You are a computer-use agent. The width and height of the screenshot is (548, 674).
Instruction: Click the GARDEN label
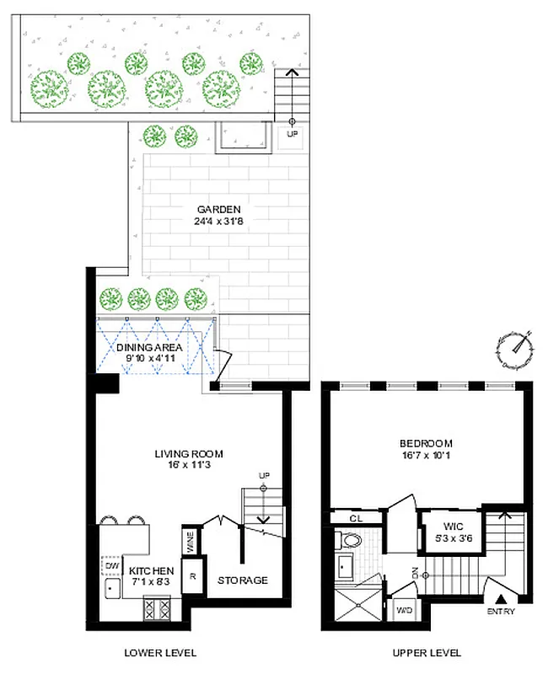point(219,209)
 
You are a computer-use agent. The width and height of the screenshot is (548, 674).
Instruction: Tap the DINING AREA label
point(150,347)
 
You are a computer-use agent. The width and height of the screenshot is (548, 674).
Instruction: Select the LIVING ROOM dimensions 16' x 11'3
point(187,467)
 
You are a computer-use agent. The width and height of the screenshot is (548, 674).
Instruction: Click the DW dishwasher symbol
point(111,565)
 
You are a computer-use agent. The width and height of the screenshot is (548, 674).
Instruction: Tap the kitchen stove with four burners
point(158,608)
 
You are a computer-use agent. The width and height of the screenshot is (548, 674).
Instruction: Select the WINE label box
point(191,540)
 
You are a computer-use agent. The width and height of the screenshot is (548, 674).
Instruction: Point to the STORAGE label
point(243,580)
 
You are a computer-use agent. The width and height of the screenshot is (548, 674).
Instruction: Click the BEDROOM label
point(426,443)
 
